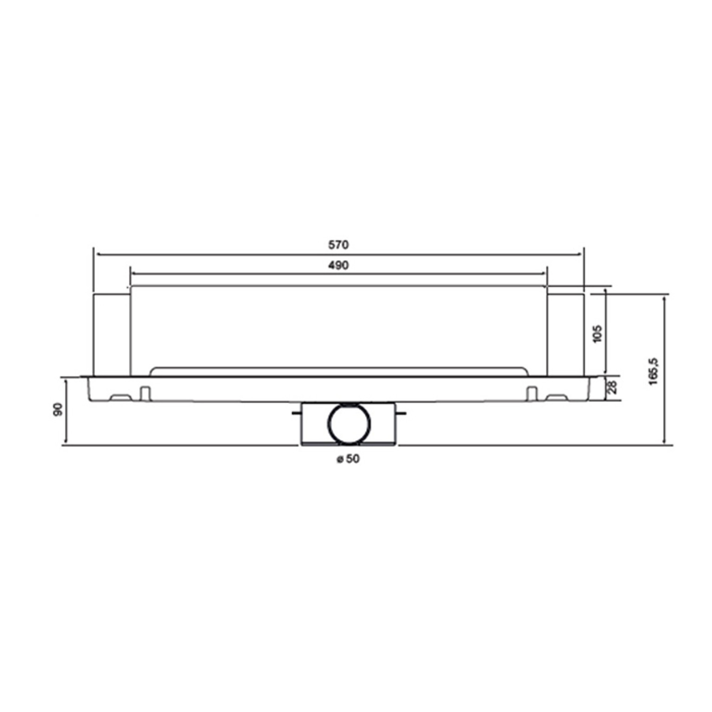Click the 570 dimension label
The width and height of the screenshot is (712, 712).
click(338, 245)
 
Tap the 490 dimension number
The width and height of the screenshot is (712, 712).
click(338, 265)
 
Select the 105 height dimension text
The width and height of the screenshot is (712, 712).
click(597, 334)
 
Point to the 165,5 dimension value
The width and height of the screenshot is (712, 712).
click(654, 372)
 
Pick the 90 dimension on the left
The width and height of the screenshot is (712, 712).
click(58, 409)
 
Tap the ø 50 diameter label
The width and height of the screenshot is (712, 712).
click(347, 459)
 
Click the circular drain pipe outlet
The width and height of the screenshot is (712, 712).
click(350, 423)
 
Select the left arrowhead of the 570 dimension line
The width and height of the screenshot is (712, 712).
click(98, 254)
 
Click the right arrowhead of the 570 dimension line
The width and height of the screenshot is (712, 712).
click(580, 254)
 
